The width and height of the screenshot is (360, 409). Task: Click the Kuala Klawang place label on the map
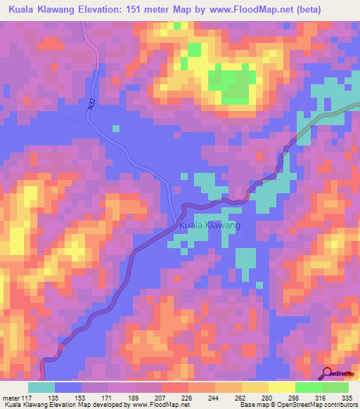point(210,226)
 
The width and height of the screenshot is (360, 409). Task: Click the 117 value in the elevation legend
point(28,397)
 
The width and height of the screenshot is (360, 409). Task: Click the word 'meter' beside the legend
point(11,397)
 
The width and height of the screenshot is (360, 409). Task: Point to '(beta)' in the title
point(339,8)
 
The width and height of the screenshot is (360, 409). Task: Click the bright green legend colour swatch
point(308,387)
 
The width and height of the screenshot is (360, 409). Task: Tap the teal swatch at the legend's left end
point(41,387)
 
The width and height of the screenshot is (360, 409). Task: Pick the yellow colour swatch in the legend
point(281,387)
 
